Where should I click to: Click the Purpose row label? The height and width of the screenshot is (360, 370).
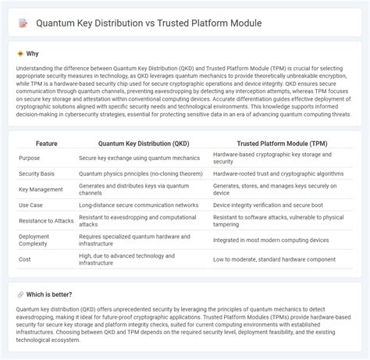pos(30,159)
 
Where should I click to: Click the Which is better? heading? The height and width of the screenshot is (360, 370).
pos(48,294)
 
